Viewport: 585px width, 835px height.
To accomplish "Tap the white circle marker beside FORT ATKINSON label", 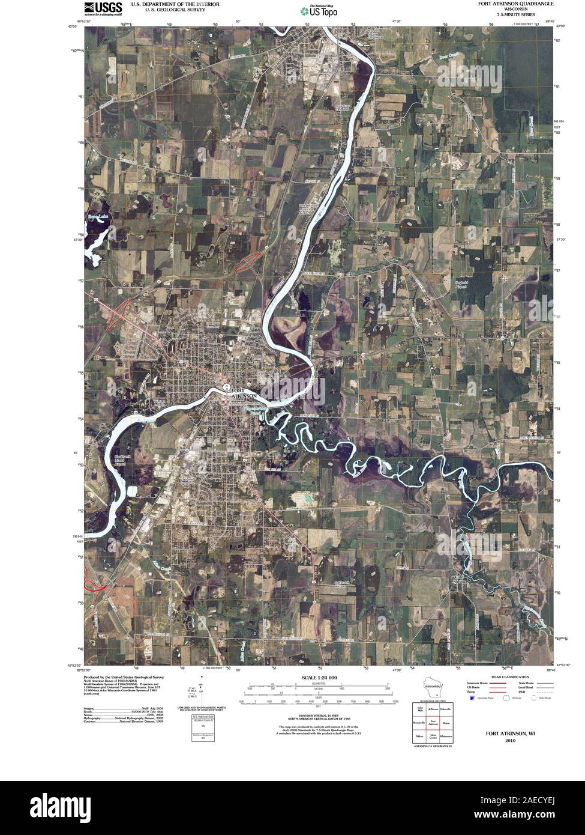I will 226,387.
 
